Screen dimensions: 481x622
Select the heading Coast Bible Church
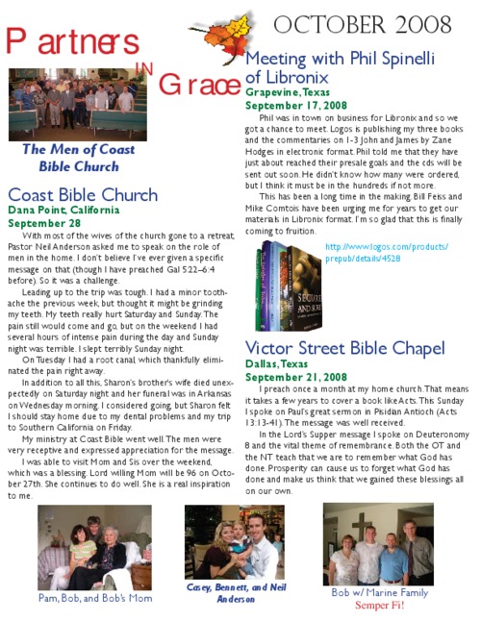[x=83, y=195]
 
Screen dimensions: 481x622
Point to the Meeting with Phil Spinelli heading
[x=341, y=67]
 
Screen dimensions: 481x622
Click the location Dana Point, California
[x=63, y=210]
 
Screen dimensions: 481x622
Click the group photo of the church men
[x=78, y=104]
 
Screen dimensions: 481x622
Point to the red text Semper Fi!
[x=380, y=607]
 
